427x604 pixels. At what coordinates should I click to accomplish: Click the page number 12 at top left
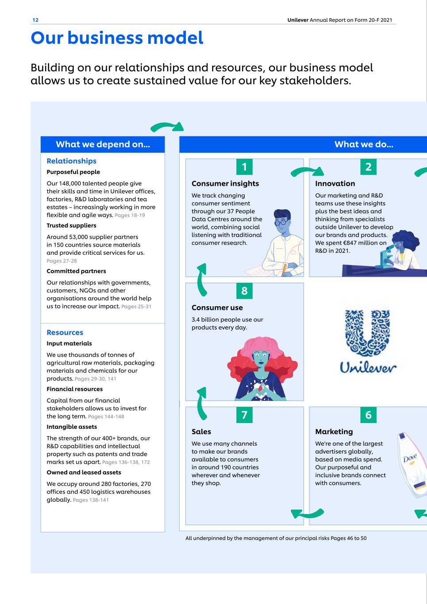[35, 20]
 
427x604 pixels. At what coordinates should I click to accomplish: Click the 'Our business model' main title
[117, 38]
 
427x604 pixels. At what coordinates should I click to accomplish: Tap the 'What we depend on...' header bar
[103, 144]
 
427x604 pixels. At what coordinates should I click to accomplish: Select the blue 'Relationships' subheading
[71, 161]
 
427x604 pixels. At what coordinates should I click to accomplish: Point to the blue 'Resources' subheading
[65, 332]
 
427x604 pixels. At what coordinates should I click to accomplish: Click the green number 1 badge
[244, 167]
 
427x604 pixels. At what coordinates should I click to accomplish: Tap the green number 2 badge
[368, 167]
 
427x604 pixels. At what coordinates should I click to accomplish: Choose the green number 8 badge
[244, 291]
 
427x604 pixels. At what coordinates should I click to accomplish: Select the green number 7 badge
[244, 415]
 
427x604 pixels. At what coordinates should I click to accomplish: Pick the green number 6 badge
[368, 415]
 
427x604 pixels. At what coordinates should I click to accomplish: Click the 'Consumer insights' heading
[225, 183]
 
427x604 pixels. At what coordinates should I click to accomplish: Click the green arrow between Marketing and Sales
[307, 513]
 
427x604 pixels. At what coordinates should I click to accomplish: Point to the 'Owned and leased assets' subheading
[84, 472]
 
